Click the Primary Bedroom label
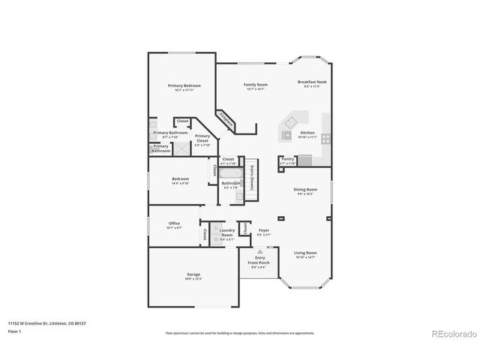(183, 86)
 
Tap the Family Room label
(255, 85)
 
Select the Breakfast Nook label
(311, 82)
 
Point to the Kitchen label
(307, 133)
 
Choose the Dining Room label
(305, 191)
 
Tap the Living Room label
(305, 253)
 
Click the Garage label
(193, 275)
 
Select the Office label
(174, 223)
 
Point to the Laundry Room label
(226, 234)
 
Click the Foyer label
(264, 231)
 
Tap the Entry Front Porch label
(259, 261)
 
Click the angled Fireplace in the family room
(226, 119)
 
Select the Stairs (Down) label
(253, 177)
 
